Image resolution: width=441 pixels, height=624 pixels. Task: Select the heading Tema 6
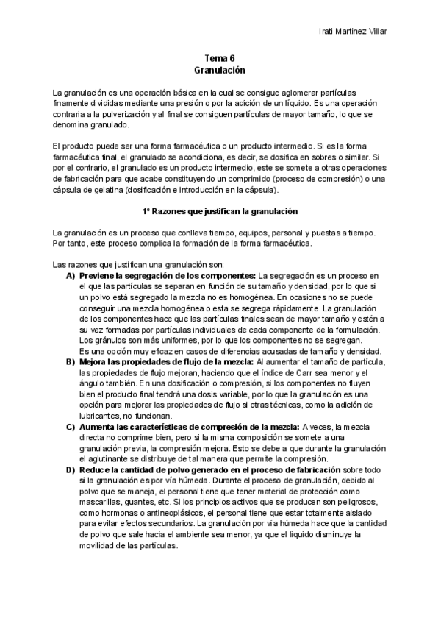click(x=219, y=58)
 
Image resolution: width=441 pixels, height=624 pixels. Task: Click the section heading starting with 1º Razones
click(x=219, y=211)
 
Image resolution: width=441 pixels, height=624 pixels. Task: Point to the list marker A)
click(x=71, y=275)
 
